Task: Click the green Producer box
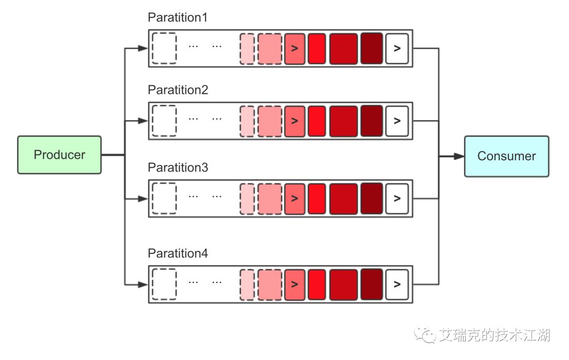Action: (x=59, y=155)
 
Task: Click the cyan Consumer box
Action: (x=506, y=156)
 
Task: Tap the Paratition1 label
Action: (x=178, y=17)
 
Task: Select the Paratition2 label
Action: (x=178, y=90)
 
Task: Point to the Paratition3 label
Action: (x=178, y=168)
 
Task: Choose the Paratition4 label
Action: (x=178, y=254)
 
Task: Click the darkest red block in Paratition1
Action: (x=371, y=48)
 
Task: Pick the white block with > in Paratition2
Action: (x=397, y=121)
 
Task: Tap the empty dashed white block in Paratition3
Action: (x=164, y=198)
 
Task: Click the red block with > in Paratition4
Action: (x=295, y=284)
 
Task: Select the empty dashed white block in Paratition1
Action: (x=164, y=48)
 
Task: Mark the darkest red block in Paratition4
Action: (x=371, y=284)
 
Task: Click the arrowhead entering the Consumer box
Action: (x=459, y=156)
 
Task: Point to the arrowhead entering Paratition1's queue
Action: (x=142, y=48)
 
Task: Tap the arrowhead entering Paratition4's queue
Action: (x=142, y=285)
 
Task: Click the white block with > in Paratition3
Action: (x=397, y=198)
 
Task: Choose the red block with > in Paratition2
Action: (x=295, y=121)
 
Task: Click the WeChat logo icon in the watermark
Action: (x=425, y=334)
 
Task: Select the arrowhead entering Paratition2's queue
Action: (x=142, y=121)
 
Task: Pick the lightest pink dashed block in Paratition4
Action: (x=247, y=284)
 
